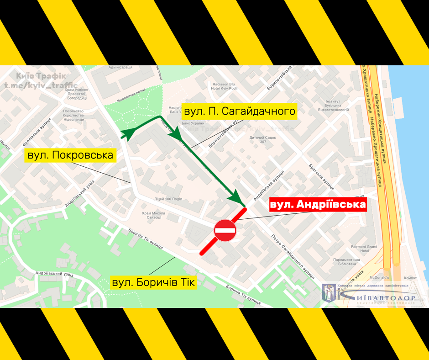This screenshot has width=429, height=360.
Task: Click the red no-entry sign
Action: (225, 230)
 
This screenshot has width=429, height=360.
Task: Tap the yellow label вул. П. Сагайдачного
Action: (240, 111)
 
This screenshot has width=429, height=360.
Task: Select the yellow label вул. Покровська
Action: (70, 155)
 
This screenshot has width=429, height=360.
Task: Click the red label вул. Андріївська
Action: (318, 205)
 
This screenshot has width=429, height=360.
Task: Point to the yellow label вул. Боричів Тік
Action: (153, 282)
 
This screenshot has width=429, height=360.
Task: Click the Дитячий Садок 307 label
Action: (257, 139)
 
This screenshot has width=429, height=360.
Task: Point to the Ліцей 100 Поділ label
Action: (168, 199)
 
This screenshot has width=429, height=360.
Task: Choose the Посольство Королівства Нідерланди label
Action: (73, 115)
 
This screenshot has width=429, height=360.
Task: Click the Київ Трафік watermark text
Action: (41, 76)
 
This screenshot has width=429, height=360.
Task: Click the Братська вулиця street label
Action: (321, 176)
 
